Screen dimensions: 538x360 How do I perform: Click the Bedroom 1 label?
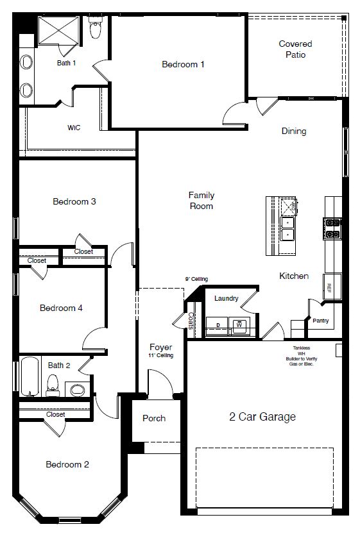[183, 64]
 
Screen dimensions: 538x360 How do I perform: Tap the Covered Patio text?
[295, 49]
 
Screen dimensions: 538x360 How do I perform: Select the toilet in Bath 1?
[96, 29]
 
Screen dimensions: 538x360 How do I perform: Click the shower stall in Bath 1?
[57, 30]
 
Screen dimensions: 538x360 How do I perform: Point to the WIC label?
[74, 128]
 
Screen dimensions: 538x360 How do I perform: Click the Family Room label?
[201, 201]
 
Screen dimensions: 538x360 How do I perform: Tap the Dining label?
[294, 131]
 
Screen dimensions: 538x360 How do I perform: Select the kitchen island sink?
[287, 228]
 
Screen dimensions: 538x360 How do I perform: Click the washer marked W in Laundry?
[239, 325]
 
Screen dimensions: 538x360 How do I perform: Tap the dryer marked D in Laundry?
[218, 325]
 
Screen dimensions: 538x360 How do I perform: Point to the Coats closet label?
[191, 321]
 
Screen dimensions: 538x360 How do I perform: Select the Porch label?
[153, 418]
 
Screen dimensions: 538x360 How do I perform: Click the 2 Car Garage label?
[262, 417]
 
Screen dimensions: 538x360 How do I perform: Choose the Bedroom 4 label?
[61, 308]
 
